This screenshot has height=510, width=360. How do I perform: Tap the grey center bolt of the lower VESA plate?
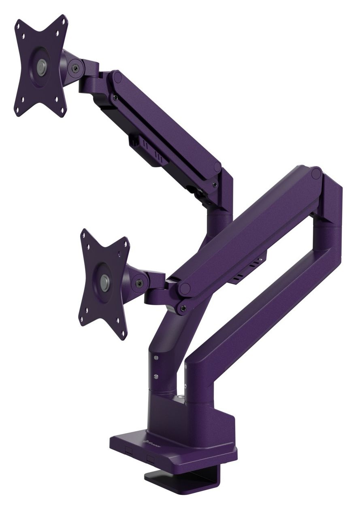point(105,280)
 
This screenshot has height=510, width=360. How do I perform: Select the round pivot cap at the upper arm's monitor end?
point(117,76)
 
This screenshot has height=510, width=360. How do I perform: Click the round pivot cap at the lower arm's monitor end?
point(185,289)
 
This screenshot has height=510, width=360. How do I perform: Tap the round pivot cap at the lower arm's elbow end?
point(316,174)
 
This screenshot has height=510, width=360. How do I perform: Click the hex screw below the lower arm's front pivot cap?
point(183,308)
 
